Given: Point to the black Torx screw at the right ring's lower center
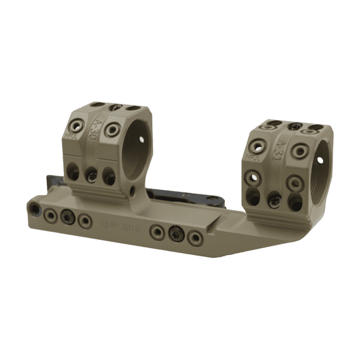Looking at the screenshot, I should [273, 201].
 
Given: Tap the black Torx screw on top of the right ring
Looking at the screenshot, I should [295, 126].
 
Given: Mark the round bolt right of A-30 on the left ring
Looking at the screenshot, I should [113, 129].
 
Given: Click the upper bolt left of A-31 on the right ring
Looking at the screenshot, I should [257, 145].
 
